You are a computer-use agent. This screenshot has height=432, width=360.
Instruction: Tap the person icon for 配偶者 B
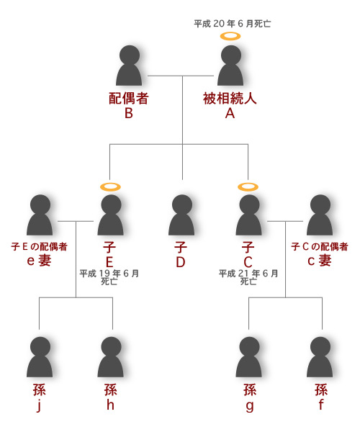(x=129, y=66)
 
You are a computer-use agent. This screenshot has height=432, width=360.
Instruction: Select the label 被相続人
(x=230, y=99)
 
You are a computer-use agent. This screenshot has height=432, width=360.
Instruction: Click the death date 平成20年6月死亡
(x=232, y=24)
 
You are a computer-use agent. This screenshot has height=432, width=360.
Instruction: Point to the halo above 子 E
(x=110, y=186)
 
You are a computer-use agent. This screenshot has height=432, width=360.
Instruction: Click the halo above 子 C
(x=248, y=186)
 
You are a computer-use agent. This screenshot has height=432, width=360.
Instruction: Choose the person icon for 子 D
(x=181, y=215)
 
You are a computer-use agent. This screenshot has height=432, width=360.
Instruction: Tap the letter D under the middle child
(x=181, y=262)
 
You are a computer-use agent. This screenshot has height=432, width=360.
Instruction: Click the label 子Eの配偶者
(x=39, y=246)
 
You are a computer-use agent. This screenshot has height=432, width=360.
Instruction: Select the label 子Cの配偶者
(x=320, y=246)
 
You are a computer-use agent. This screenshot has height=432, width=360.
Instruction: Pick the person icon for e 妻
(x=40, y=215)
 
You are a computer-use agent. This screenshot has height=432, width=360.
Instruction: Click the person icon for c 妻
(x=320, y=215)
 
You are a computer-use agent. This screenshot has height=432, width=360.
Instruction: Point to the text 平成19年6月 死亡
(x=109, y=277)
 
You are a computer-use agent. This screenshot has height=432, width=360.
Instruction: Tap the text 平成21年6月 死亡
(x=248, y=277)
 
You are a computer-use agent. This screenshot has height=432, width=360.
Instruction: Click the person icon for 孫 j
(x=40, y=357)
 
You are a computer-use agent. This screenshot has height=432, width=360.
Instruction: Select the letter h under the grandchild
(x=110, y=405)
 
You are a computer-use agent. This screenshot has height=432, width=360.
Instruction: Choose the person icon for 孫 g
(x=249, y=357)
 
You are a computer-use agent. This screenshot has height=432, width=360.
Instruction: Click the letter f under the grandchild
(x=321, y=405)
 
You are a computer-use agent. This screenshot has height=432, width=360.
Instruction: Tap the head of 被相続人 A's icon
(x=231, y=55)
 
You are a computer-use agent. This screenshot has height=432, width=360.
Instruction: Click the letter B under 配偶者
(x=129, y=113)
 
